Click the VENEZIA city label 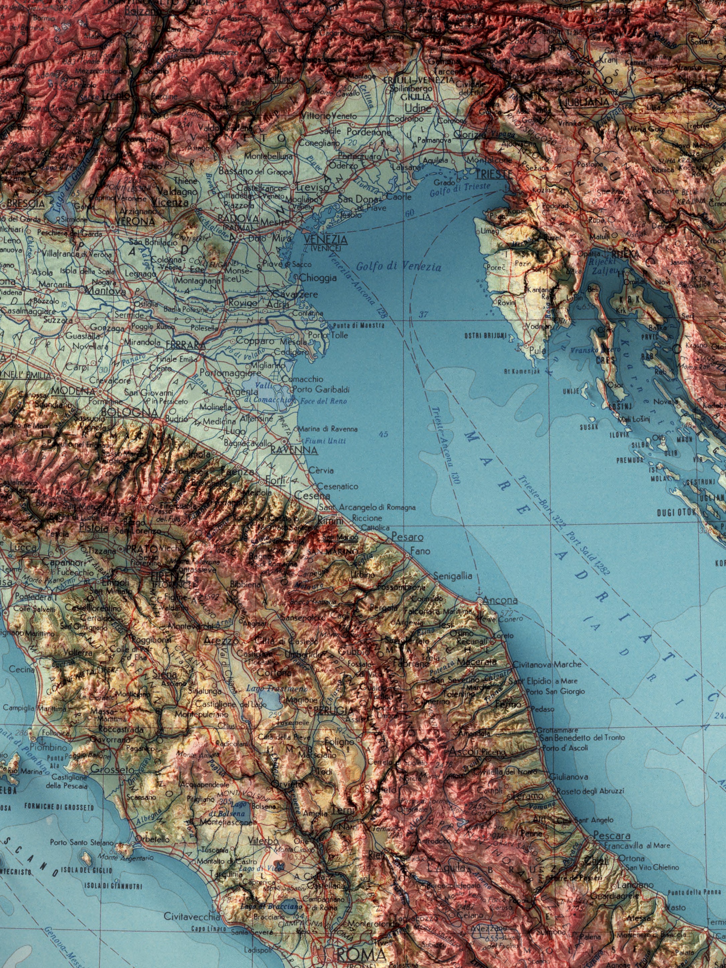pyautogui.click(x=326, y=239)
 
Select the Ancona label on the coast pyautogui.click(x=499, y=600)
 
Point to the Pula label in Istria pyautogui.click(x=537, y=351)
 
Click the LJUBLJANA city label pyautogui.click(x=586, y=102)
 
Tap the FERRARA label pyautogui.click(x=186, y=345)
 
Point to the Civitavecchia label pyautogui.click(x=192, y=916)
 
